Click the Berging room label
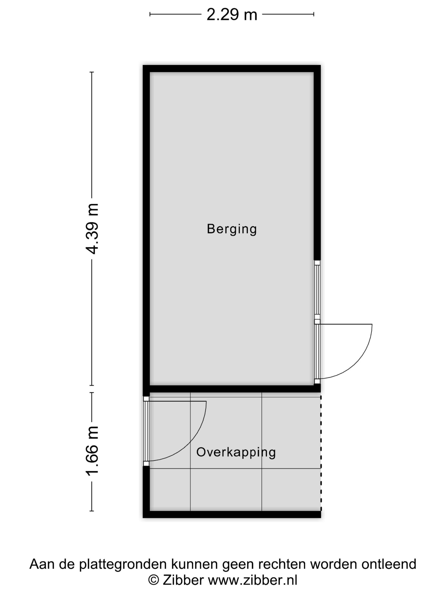coord(232,229)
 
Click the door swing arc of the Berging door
coord(359,362)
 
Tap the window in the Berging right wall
coord(317,290)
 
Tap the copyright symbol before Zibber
coord(154,580)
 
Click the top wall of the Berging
coord(232,69)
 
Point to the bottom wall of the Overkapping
coord(232,514)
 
